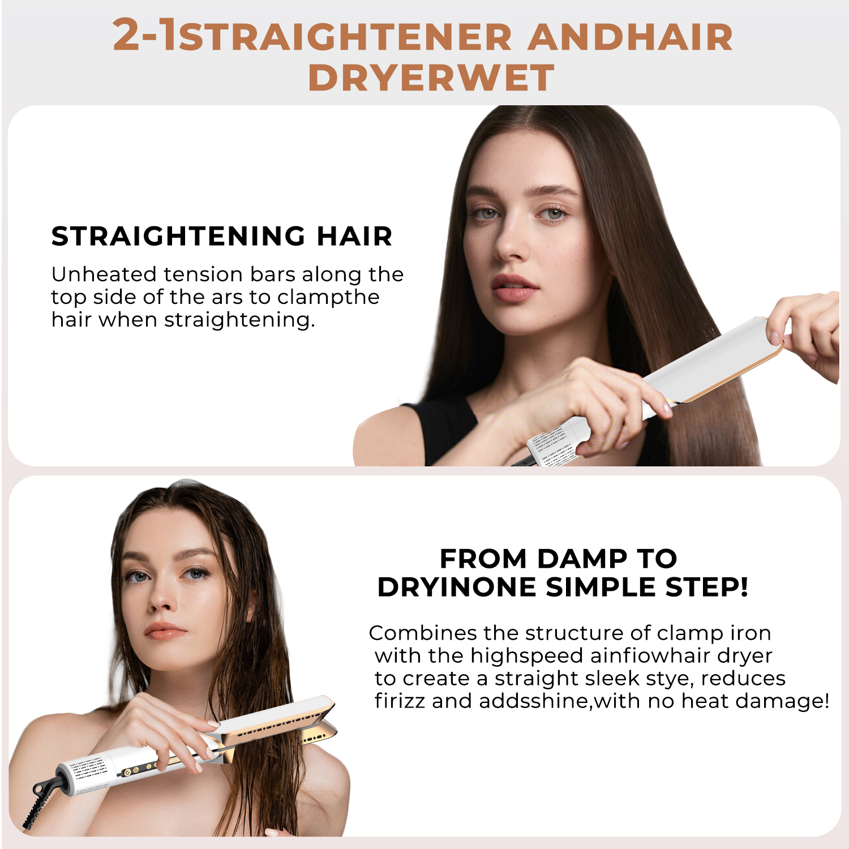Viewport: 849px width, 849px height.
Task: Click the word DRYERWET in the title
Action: pos(431,78)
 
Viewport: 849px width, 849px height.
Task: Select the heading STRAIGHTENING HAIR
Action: pos(222,236)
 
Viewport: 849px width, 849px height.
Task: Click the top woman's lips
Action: pos(513,288)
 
